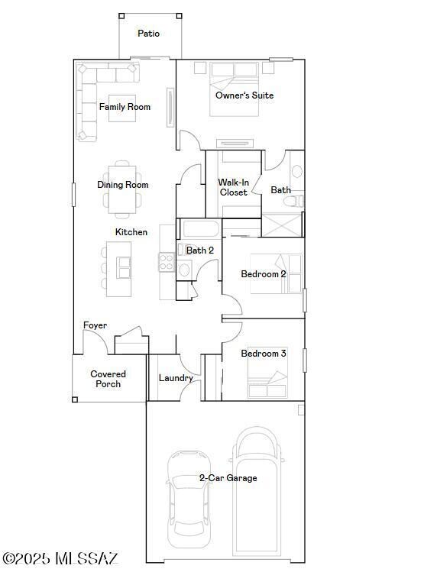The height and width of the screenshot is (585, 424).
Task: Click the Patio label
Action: [148, 34]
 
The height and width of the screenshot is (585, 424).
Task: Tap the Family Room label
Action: [125, 107]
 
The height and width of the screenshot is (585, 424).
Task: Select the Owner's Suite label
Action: [244, 95]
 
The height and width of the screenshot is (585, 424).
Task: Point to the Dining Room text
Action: [122, 185]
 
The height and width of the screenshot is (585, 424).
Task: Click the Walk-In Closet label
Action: [233, 188]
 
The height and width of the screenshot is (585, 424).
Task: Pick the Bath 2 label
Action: [200, 250]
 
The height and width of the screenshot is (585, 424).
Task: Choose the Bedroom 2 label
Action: [264, 274]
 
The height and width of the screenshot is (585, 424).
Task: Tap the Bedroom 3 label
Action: [264, 354]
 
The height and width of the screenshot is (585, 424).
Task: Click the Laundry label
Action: [176, 378]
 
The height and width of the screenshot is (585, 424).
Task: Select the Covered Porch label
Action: [108, 379]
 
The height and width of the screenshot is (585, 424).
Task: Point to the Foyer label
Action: [95, 325]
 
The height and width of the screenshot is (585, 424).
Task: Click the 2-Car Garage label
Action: [228, 478]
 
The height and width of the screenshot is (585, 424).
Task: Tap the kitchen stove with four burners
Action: [167, 263]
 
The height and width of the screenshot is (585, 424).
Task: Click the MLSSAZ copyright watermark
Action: [60, 559]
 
